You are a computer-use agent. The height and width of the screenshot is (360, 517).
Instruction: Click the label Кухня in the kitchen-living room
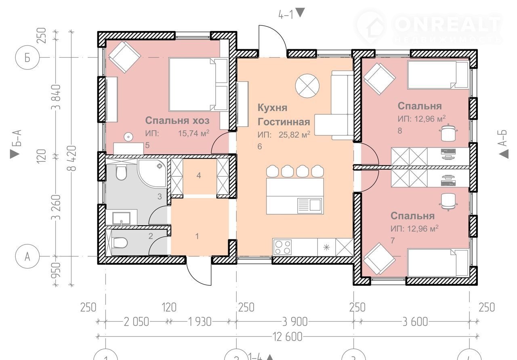(x=272, y=108)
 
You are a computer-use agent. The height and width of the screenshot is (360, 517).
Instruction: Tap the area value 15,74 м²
(x=193, y=133)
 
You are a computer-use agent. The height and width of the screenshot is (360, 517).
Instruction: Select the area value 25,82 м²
(x=294, y=134)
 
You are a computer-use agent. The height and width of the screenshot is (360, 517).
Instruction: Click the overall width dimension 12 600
(x=288, y=337)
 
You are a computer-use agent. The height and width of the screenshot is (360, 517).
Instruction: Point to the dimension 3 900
(x=295, y=322)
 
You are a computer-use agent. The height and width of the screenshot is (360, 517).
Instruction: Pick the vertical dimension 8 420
(x=72, y=158)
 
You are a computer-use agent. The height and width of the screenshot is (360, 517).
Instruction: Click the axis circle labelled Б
(x=27, y=57)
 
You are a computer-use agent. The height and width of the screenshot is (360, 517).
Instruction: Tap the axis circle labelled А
(x=27, y=256)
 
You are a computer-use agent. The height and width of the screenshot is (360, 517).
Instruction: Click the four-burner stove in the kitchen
(x=283, y=247)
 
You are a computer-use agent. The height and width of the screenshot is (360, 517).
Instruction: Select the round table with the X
(x=307, y=86)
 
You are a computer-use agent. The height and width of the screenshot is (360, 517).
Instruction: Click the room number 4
(x=199, y=176)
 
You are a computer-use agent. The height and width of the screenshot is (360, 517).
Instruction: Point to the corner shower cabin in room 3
(x=152, y=173)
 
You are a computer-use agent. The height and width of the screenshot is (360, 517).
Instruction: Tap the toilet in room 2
(x=120, y=243)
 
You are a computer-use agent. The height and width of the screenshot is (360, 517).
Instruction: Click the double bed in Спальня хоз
(x=198, y=84)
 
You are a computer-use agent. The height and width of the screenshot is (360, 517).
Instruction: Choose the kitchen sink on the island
(x=309, y=205)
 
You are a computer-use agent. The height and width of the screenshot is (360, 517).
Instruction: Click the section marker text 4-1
(x=286, y=15)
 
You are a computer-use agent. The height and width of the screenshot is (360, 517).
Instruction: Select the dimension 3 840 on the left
(x=56, y=97)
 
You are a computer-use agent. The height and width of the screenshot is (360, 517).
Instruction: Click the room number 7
(x=393, y=241)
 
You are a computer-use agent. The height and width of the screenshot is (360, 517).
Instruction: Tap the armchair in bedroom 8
(x=379, y=79)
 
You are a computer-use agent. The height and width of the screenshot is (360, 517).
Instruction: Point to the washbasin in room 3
(x=122, y=218)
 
